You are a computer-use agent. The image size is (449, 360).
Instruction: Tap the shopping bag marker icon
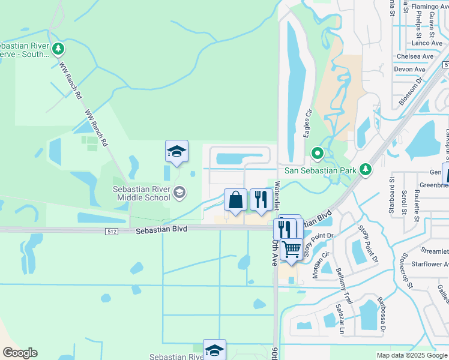point(236,200)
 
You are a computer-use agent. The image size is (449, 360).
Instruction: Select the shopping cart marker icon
point(292,249)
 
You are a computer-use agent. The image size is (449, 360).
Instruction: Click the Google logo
point(20,353)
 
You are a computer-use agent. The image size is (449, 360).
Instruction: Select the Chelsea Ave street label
point(415,56)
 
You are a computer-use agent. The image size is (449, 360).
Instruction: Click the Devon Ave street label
point(410,70)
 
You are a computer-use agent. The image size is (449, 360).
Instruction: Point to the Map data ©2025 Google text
point(411,355)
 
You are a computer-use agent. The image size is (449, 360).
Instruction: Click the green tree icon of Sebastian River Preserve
point(58,48)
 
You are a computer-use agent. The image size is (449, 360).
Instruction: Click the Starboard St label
point(391,187)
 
